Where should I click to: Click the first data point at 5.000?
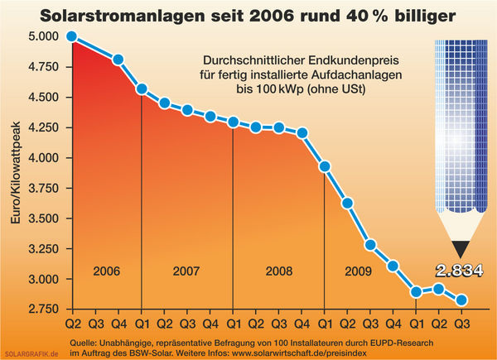pos(72,36)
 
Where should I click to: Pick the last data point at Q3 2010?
pos(461,300)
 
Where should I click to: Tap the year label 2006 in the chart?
pos(106,271)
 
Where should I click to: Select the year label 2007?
pos(186,271)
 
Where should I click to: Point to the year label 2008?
pos(278,271)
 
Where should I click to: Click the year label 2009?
pos(359,271)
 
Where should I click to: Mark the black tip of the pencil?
pos(460,247)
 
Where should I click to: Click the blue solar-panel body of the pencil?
pos(460,124)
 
